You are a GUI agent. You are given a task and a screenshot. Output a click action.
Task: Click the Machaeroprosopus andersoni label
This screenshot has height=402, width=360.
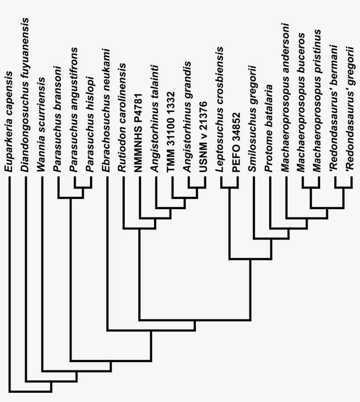tap(285, 97)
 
